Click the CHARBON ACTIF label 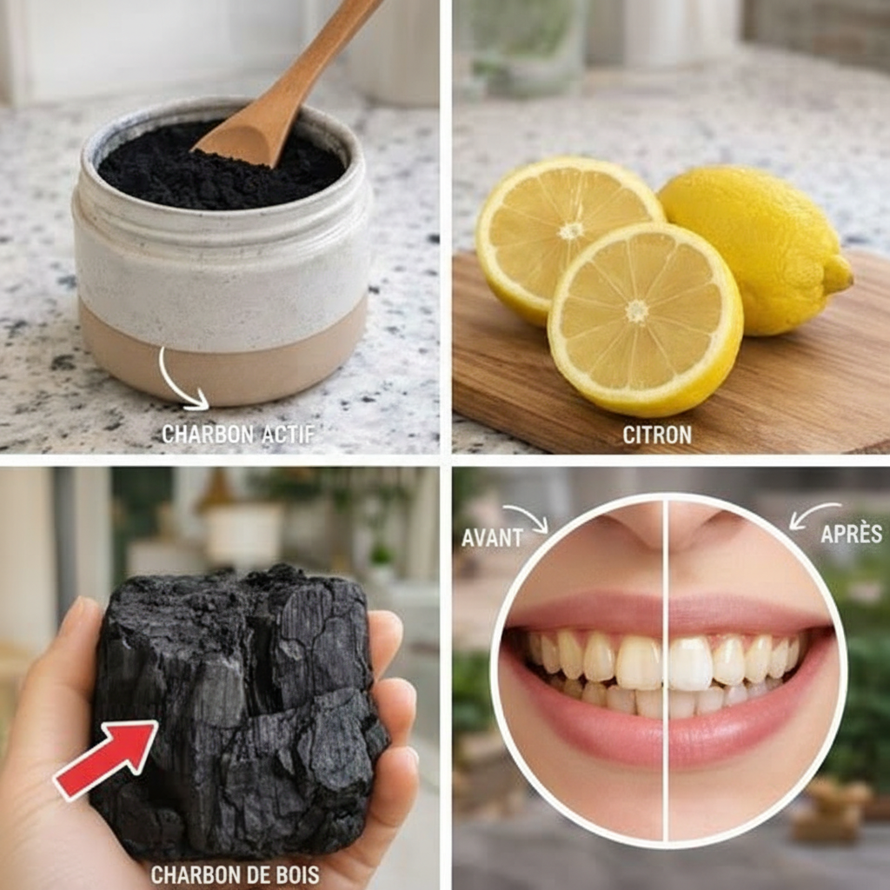pos(238,435)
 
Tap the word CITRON pos(657,435)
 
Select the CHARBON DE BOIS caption pos(235,874)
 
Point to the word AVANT pos(492,537)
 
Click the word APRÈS pos(852,533)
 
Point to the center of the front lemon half pos(636,310)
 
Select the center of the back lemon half pos(570,230)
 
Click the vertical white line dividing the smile pos(665,670)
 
